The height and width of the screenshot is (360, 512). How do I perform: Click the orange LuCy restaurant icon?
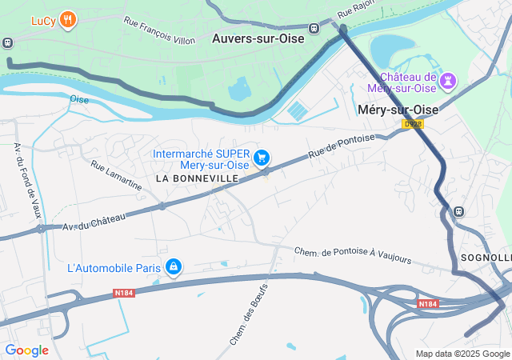[69, 20]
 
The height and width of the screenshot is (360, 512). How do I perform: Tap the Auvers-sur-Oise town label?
[258, 38]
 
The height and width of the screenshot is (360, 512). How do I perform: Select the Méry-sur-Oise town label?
[398, 110]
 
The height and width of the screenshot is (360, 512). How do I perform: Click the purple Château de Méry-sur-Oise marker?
[448, 80]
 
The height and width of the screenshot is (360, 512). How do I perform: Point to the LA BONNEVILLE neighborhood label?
[197, 178]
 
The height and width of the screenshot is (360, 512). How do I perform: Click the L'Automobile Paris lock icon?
[173, 266]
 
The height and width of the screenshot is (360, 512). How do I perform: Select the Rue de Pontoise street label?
[342, 146]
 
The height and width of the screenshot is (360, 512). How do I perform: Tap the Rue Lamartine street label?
[116, 177]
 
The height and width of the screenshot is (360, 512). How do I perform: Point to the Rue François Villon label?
[159, 30]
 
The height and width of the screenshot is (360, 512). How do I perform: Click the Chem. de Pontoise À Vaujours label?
[353, 255]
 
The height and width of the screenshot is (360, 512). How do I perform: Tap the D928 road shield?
[412, 124]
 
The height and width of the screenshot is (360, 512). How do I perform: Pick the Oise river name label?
[79, 99]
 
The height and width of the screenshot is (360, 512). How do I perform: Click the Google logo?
[26, 350]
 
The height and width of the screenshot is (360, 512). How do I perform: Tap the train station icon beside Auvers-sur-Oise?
[314, 26]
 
